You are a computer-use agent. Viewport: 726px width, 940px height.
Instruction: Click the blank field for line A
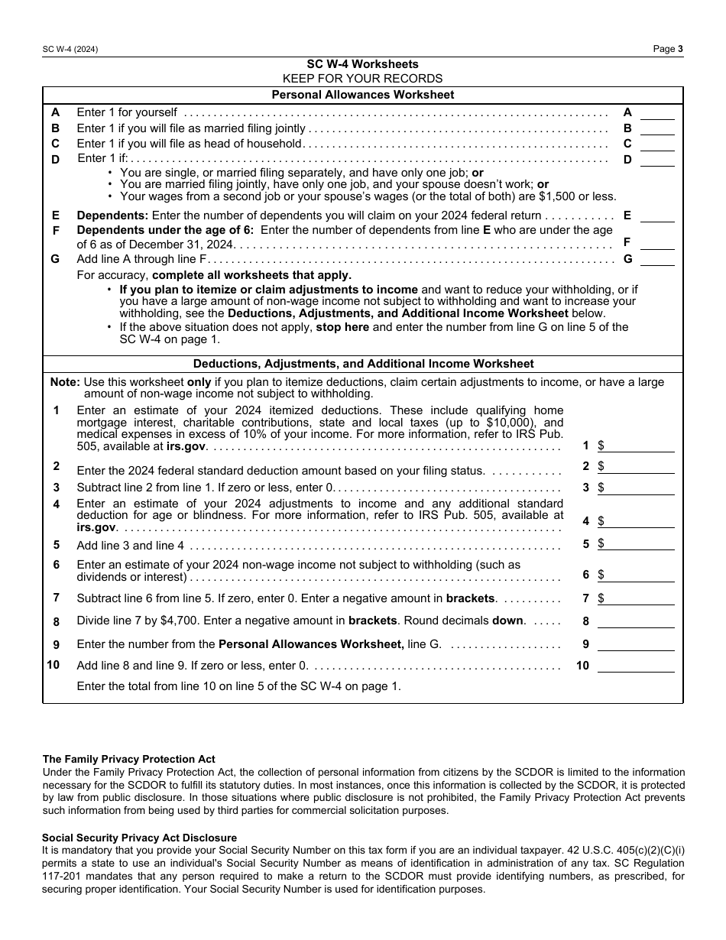(x=657, y=113)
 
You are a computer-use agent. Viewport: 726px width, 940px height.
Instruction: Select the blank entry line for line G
(x=657, y=259)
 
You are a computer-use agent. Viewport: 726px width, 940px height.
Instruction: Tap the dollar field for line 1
(x=640, y=446)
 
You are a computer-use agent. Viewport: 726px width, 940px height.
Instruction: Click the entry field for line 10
(x=636, y=666)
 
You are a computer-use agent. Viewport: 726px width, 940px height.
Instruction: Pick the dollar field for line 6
(x=640, y=575)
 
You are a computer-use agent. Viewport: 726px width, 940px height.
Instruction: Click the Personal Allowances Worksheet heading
(x=362, y=95)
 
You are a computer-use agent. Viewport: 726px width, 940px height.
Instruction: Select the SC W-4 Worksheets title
(x=362, y=64)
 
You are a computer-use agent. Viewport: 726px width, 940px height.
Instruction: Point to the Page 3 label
(x=668, y=49)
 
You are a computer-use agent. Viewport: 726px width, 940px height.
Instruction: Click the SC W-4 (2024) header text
(x=70, y=49)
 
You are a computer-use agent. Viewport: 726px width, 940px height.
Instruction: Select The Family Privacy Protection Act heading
(x=128, y=759)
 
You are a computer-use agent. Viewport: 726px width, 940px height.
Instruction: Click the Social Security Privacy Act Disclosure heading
(x=139, y=838)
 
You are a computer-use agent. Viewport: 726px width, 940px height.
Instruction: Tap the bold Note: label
(x=65, y=382)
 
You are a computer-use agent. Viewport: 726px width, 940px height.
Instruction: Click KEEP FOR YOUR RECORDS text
(x=362, y=79)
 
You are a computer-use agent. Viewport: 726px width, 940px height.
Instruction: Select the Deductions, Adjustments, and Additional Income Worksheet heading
(x=363, y=364)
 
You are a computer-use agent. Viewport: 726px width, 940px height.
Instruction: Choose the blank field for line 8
(x=636, y=621)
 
